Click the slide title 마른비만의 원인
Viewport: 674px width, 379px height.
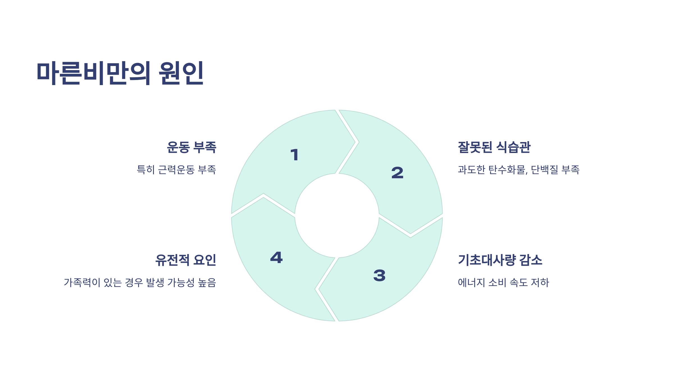tap(120, 73)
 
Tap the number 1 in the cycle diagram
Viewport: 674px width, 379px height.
tap(295, 155)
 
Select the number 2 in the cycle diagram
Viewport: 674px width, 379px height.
tap(397, 172)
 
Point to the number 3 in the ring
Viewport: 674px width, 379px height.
tap(379, 275)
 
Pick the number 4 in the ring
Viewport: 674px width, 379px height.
tap(276, 257)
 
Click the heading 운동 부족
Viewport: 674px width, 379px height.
tap(192, 147)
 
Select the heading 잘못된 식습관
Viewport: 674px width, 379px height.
tap(494, 147)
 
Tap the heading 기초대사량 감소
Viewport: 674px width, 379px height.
tap(500, 260)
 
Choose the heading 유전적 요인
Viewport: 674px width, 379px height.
tap(186, 260)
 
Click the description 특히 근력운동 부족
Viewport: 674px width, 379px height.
tap(176, 170)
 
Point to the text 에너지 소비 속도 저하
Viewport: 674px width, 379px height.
tap(503, 282)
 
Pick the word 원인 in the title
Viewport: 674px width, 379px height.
tap(181, 73)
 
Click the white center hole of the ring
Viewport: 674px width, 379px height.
tap(337, 216)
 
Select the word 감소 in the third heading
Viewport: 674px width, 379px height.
tap(530, 260)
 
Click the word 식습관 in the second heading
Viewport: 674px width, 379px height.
tap(513, 147)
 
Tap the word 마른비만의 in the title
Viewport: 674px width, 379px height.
tap(94, 73)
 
